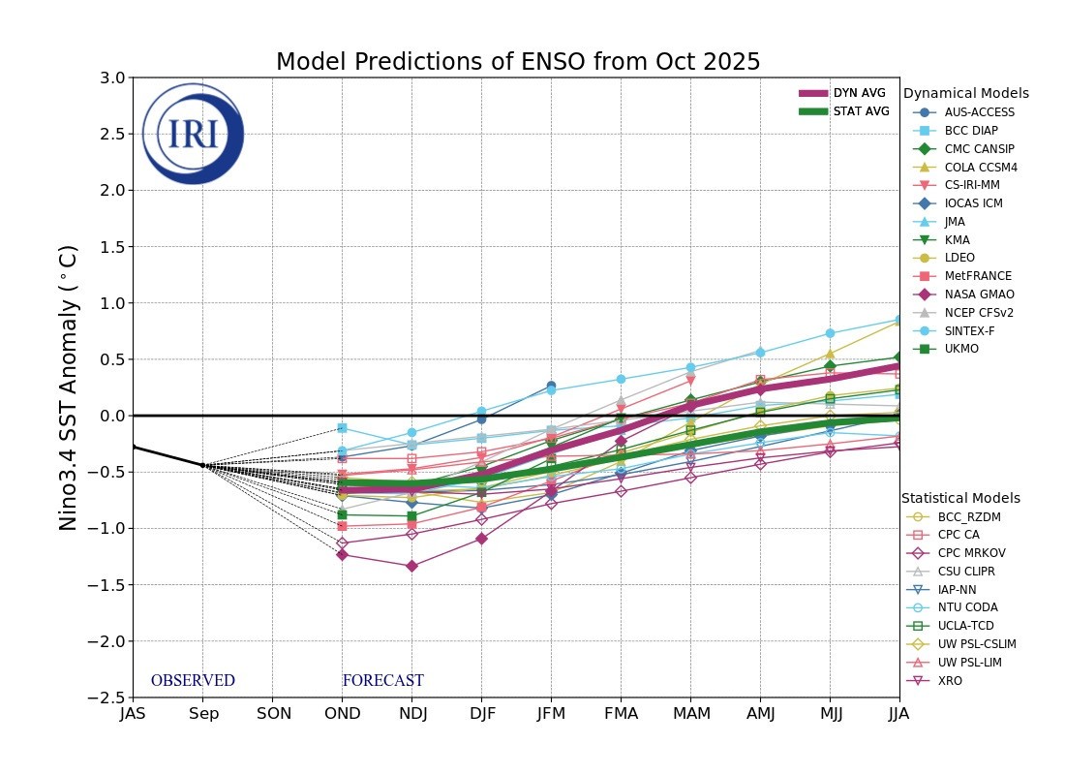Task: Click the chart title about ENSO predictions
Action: click(x=518, y=62)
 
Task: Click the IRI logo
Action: click(x=193, y=134)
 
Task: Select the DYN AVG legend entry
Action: click(x=842, y=93)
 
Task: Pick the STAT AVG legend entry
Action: click(x=842, y=111)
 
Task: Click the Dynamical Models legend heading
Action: click(x=965, y=94)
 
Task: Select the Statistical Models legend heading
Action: click(x=960, y=498)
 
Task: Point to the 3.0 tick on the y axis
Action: click(x=112, y=77)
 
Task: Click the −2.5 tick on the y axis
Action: click(x=108, y=697)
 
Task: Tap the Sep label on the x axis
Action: click(x=202, y=714)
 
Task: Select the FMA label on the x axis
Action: click(x=621, y=714)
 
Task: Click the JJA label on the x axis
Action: click(x=898, y=714)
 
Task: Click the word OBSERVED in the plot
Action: click(x=193, y=681)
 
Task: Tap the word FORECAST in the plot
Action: click(x=383, y=681)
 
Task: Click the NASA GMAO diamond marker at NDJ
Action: click(x=411, y=566)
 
